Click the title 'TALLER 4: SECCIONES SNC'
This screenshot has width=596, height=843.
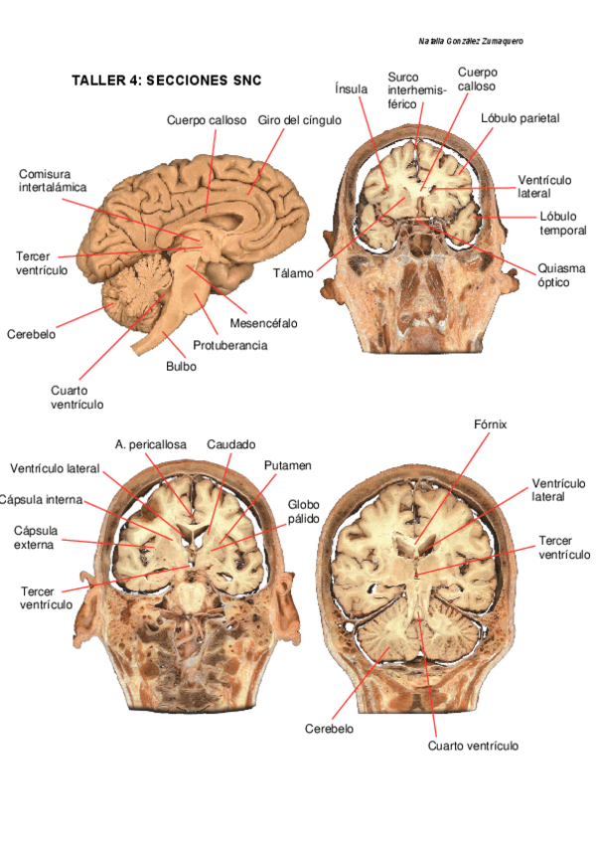166,81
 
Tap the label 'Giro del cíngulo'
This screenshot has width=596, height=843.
299,120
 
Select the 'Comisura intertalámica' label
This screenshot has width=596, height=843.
53,180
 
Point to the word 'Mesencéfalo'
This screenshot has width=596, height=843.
263,323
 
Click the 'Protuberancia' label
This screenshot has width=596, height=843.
229,345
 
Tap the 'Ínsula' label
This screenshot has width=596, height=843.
352,89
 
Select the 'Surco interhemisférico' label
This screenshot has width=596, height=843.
416,90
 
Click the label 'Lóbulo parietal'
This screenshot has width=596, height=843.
520,118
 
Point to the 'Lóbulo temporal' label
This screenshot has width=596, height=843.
563,224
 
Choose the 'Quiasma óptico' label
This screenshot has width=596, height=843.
560,275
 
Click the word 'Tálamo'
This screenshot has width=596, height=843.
295,272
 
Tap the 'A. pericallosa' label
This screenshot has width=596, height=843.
150,444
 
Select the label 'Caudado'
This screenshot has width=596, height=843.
231,444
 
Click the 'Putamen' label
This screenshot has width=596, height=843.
288,465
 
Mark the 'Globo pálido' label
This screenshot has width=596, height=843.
304,511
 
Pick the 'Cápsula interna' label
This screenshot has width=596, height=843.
42,499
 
